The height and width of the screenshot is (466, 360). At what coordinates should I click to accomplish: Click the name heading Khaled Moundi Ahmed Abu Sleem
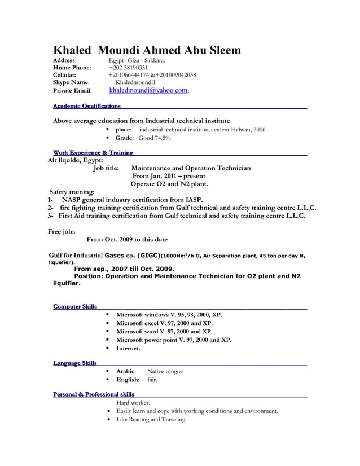[147, 50]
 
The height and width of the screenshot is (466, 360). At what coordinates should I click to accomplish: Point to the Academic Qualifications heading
[86, 106]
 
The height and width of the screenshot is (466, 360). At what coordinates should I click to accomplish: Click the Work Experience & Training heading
[93, 153]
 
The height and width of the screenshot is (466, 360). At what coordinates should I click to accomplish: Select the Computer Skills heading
[74, 306]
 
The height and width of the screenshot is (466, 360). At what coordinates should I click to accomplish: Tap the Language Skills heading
[74, 363]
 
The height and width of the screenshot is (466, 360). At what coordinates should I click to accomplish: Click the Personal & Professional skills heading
[93, 394]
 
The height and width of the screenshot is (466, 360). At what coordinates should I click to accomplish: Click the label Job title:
[106, 168]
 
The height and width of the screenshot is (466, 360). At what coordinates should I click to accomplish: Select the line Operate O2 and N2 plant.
[169, 183]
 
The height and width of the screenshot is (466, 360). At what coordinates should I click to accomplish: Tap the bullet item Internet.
[128, 349]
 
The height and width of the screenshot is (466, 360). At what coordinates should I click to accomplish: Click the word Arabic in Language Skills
[125, 371]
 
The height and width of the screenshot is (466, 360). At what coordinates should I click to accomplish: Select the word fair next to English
[152, 380]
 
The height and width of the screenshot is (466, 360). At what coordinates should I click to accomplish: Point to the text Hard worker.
[133, 403]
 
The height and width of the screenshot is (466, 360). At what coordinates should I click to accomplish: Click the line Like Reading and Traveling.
[151, 420]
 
